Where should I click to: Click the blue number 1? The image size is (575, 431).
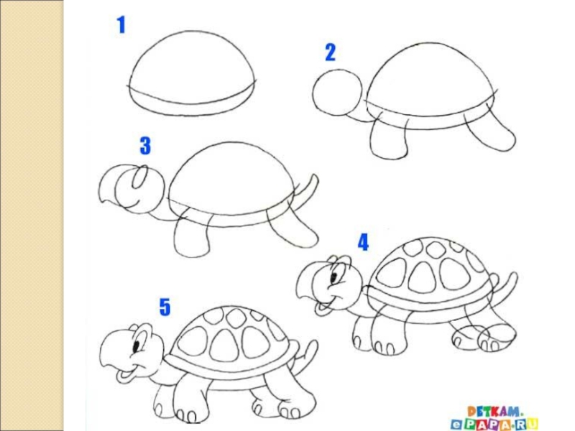click(x=121, y=25)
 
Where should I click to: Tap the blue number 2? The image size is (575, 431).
click(x=331, y=52)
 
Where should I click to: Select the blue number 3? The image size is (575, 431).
click(x=145, y=146)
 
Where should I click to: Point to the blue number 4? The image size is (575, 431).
click(x=363, y=242)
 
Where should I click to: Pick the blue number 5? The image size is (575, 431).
click(x=165, y=307)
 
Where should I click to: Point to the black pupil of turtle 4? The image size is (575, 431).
click(x=334, y=277)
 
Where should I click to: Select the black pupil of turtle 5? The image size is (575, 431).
click(x=137, y=346)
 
